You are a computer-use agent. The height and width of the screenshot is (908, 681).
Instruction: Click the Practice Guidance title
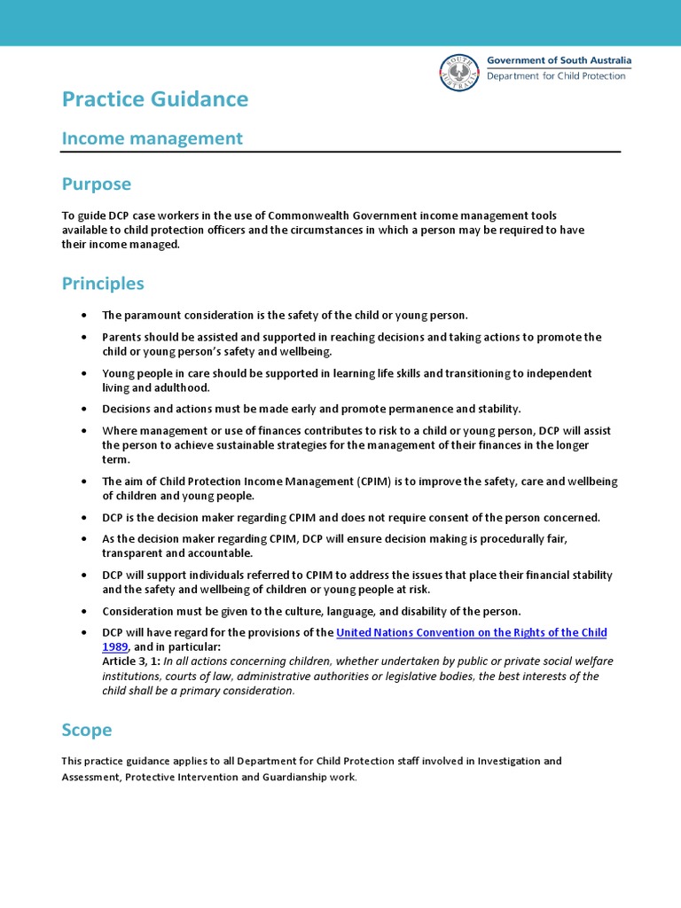(x=155, y=99)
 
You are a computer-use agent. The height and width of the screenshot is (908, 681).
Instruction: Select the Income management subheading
(x=152, y=138)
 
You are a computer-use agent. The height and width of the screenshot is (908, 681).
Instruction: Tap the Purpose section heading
(x=96, y=184)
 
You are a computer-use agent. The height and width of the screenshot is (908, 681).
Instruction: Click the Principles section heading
(x=102, y=284)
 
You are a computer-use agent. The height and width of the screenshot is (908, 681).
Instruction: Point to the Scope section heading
(x=87, y=730)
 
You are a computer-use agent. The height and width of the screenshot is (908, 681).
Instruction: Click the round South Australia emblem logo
(x=458, y=72)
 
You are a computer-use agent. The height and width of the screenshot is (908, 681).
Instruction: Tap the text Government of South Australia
(x=559, y=60)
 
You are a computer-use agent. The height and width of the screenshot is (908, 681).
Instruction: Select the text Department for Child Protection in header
(x=556, y=76)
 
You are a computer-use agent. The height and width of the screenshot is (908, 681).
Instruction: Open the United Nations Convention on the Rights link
(x=471, y=632)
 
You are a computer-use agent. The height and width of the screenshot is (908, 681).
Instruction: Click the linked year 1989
(x=115, y=647)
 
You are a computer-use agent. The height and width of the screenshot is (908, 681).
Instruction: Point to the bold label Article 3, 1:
(x=131, y=661)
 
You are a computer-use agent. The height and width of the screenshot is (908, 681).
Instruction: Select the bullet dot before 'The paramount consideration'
(x=83, y=316)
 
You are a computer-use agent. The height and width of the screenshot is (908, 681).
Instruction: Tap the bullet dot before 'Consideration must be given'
(x=83, y=611)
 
